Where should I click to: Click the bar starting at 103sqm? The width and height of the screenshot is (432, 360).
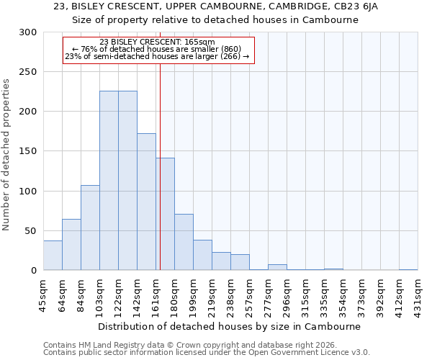click(109, 180)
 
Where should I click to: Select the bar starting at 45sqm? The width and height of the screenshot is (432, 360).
click(53, 256)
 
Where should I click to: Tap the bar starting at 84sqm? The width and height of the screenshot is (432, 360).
click(90, 228)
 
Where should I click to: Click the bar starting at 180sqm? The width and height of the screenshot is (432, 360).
click(184, 242)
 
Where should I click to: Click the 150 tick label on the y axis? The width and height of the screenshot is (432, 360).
click(28, 151)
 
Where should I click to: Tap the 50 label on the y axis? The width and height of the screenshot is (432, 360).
click(31, 230)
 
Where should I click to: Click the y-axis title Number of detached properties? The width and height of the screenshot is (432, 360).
click(7, 151)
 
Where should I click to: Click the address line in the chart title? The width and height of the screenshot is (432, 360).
click(216, 6)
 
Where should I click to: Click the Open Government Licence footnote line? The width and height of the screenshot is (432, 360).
click(207, 353)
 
